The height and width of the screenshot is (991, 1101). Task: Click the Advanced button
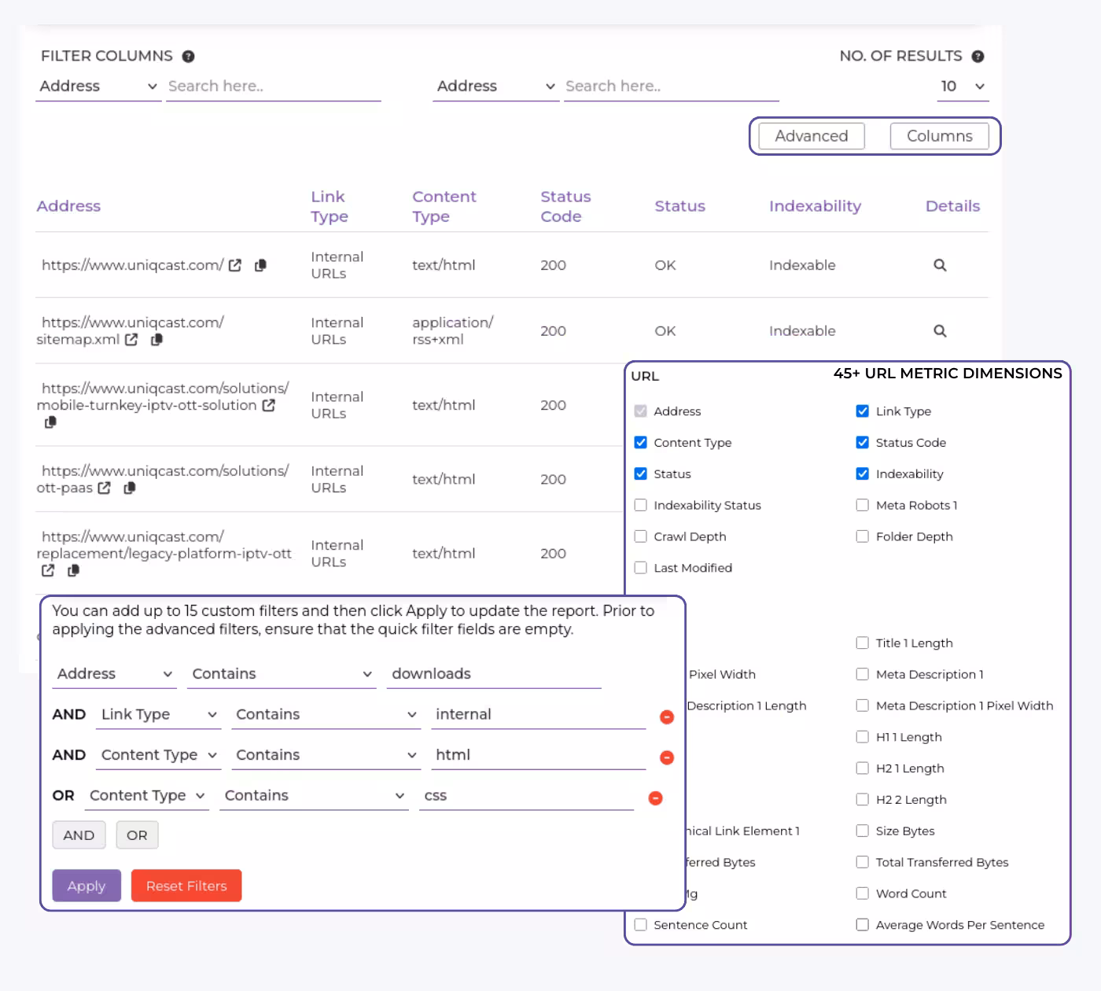[x=811, y=136]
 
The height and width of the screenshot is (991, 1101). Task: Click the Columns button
[x=939, y=136]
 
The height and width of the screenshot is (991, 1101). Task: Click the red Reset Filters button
[x=186, y=886]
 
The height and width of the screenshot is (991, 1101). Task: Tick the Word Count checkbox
[x=863, y=893]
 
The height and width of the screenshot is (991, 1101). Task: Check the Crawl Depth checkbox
[x=641, y=536]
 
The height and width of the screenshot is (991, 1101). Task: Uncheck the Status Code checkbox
[x=863, y=443]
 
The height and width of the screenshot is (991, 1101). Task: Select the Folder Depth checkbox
[x=863, y=536]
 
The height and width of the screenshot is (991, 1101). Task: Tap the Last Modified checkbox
[x=641, y=568]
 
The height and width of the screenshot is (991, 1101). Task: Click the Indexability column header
[x=815, y=206]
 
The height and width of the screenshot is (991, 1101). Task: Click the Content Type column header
[x=444, y=206]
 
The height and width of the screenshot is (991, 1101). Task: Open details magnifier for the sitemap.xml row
[x=940, y=331]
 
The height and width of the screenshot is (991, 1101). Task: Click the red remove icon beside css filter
[x=655, y=798]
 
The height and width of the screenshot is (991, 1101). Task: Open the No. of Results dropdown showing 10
[x=963, y=87]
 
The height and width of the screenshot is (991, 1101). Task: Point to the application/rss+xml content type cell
[x=452, y=331]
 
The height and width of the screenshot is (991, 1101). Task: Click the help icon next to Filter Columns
[x=189, y=57]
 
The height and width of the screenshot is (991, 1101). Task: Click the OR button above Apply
[x=137, y=835]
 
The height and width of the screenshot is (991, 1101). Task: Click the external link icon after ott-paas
[x=105, y=488]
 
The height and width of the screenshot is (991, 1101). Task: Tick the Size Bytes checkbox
[x=863, y=831]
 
